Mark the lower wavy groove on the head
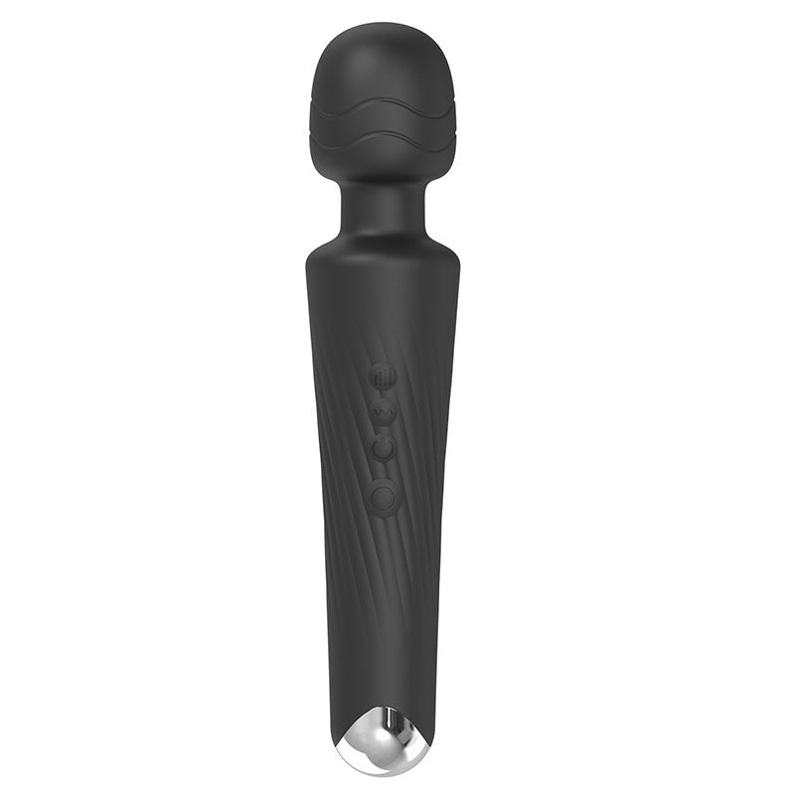[x=383, y=139]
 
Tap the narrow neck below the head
[x=383, y=209]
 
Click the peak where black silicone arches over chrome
[x=383, y=708]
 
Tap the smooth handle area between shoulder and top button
[x=383, y=308]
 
